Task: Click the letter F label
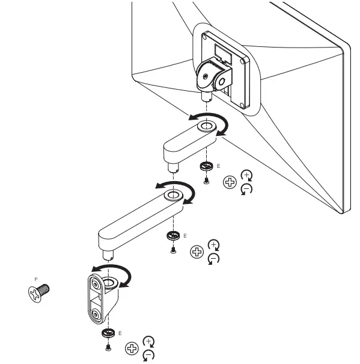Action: coord(37,279)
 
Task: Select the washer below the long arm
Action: coord(172,235)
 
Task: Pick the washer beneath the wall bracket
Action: coord(108,333)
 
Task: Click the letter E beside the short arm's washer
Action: coord(218,165)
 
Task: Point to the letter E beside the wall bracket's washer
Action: coord(120,332)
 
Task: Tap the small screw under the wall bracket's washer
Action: coord(108,348)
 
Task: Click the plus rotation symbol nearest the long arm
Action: coord(212,245)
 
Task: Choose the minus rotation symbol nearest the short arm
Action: coord(245,189)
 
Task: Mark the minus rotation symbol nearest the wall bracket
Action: coord(147,355)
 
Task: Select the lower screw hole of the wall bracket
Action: coord(96,314)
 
